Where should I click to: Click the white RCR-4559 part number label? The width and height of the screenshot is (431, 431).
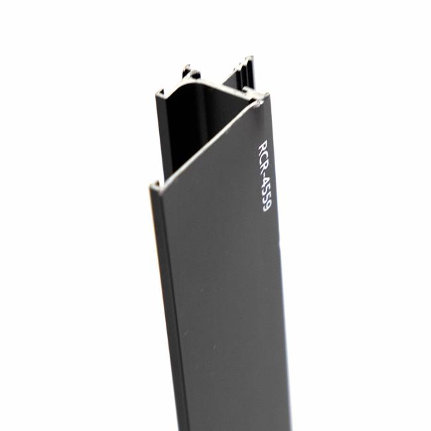(265, 175)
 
